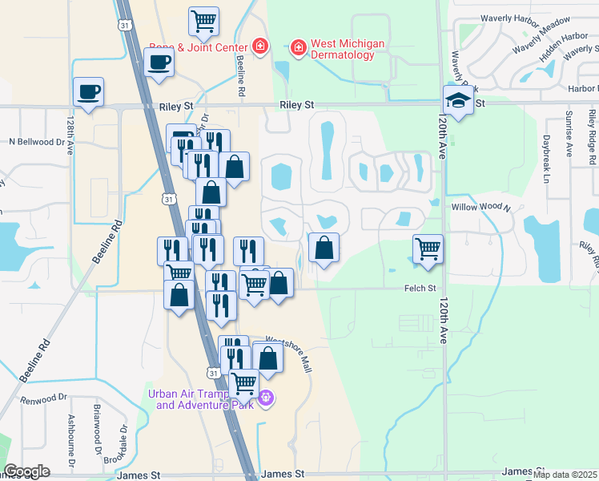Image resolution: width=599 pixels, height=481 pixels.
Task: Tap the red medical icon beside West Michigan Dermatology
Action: (297, 49)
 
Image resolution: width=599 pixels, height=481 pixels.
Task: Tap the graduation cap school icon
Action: (458, 100)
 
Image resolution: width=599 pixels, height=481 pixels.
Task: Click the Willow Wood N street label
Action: (480, 207)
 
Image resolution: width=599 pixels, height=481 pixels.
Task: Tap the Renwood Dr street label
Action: (45, 398)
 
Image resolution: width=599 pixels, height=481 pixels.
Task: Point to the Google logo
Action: (26, 471)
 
